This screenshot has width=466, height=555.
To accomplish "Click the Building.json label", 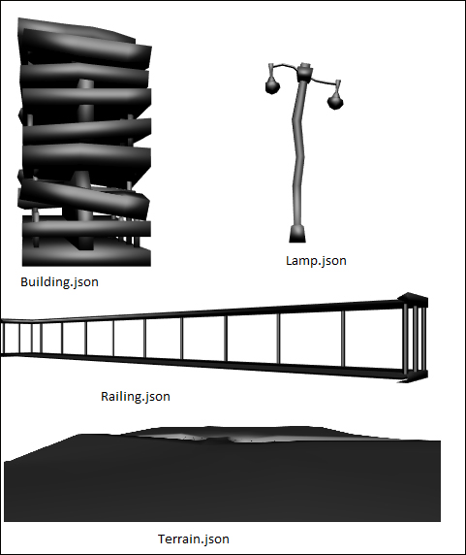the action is tap(59, 282).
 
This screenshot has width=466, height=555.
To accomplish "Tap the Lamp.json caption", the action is tap(316, 261).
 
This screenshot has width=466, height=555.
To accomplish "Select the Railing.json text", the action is tap(136, 397).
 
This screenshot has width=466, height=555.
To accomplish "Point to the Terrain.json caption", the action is tap(193, 539).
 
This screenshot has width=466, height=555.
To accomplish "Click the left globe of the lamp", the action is tap(272, 85).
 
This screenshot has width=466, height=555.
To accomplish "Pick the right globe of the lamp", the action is tap(335, 101).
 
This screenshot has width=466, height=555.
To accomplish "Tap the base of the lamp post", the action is tap(297, 234).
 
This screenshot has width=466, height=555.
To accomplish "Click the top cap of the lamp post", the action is tap(304, 71).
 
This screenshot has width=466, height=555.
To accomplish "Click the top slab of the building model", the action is tap(76, 30).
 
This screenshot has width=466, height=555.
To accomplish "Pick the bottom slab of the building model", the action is tap(86, 256).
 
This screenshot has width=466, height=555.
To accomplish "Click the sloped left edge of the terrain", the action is tap(41, 447).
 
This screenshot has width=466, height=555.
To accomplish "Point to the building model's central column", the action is tap(85, 163).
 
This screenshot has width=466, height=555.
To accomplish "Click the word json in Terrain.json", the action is tap(212, 539).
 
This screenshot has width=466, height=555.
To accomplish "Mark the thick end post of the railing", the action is tap(416, 340).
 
